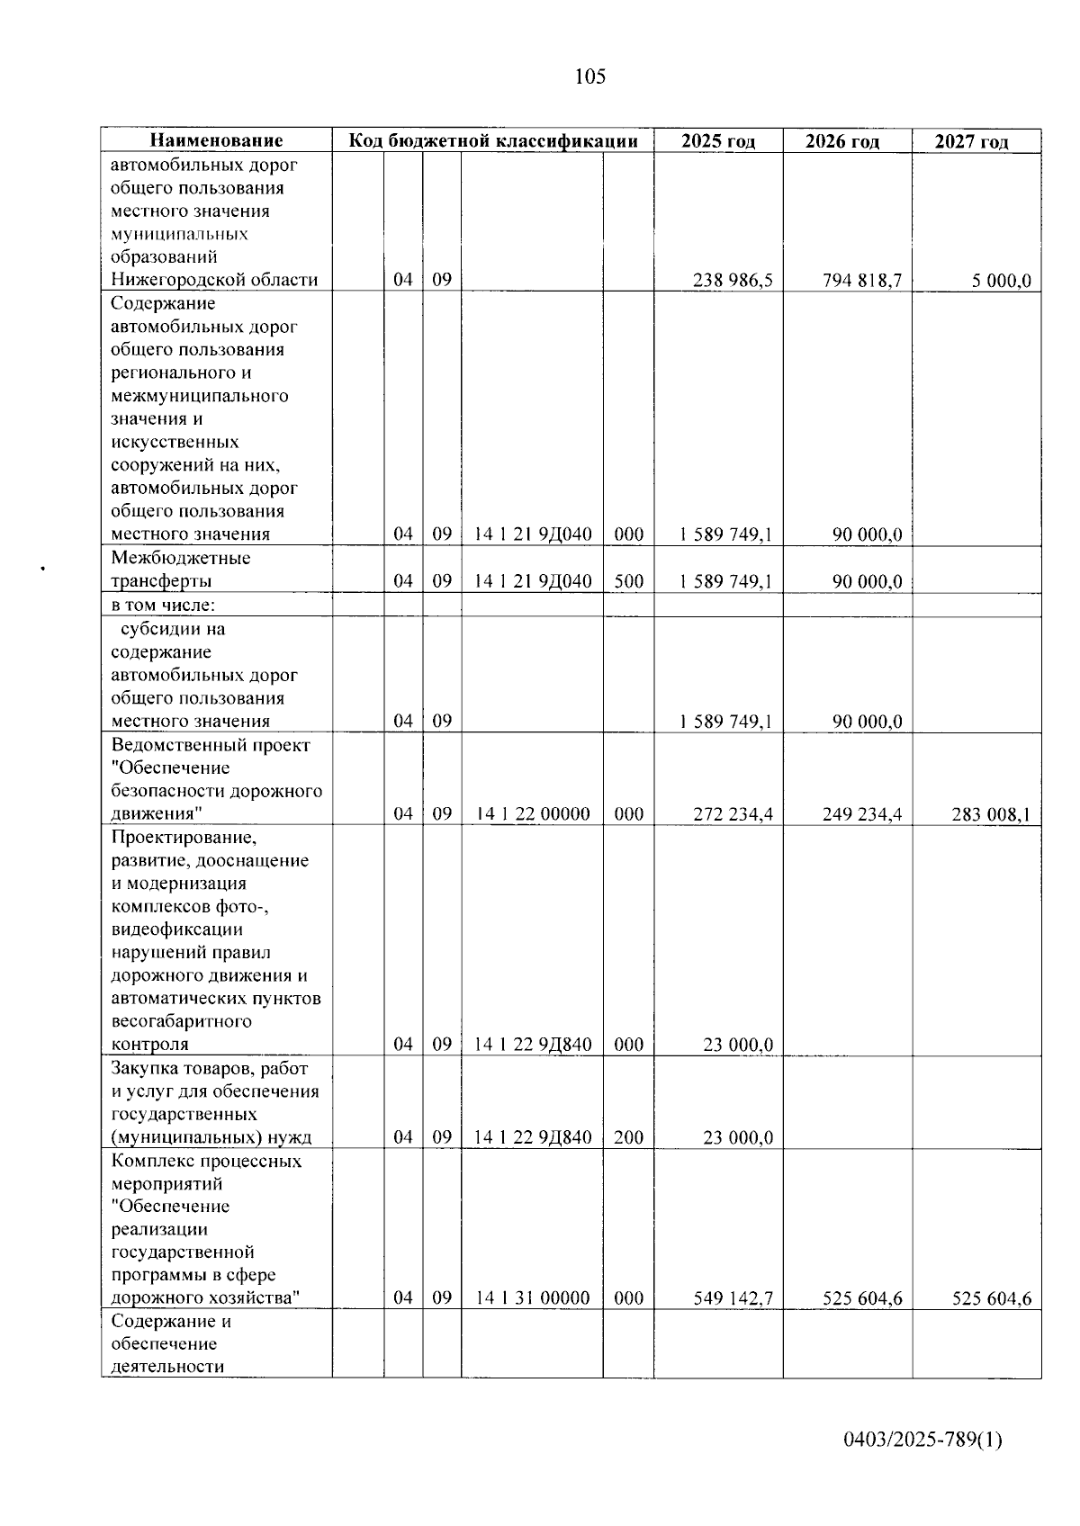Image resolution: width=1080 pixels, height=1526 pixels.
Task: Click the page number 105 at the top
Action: pos(589,77)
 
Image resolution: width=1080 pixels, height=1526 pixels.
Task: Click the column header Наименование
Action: pos(216,141)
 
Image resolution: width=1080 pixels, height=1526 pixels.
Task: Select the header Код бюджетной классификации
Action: pos(493,141)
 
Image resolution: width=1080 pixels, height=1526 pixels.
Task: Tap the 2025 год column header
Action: pos(718,141)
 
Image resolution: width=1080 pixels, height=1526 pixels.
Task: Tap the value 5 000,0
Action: pos(1001,281)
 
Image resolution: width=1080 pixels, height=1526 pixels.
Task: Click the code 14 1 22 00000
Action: pos(533,814)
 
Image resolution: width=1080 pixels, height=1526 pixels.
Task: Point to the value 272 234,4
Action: pos(733,814)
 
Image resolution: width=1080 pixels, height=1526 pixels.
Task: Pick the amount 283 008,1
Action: pos(991,815)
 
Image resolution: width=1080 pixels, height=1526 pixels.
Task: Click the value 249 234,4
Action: pos(862,814)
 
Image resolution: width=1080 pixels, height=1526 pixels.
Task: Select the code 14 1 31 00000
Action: pos(533,1297)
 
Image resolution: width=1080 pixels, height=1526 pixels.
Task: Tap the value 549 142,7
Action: pos(733,1298)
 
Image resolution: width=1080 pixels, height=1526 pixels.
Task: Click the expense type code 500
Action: pos(629,581)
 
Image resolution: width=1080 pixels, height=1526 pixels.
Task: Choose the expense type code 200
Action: pos(629,1137)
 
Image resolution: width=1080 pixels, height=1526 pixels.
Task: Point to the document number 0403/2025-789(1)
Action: pos(922,1441)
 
